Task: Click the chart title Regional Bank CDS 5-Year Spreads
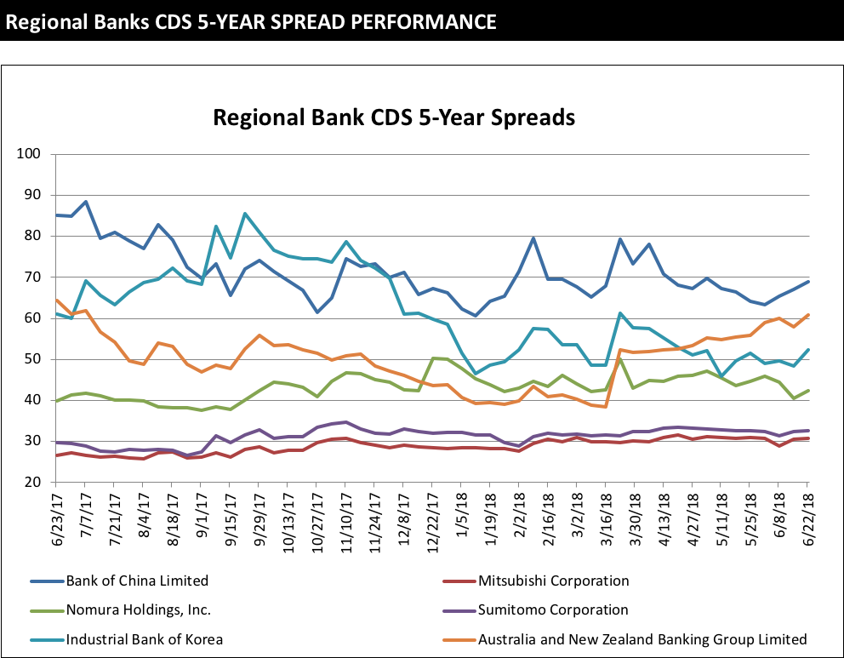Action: (x=393, y=117)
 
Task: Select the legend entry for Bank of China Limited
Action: (x=136, y=581)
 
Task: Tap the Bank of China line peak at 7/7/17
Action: (x=86, y=202)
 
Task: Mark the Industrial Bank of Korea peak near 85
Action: (x=245, y=214)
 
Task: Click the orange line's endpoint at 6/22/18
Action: (x=807, y=315)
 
